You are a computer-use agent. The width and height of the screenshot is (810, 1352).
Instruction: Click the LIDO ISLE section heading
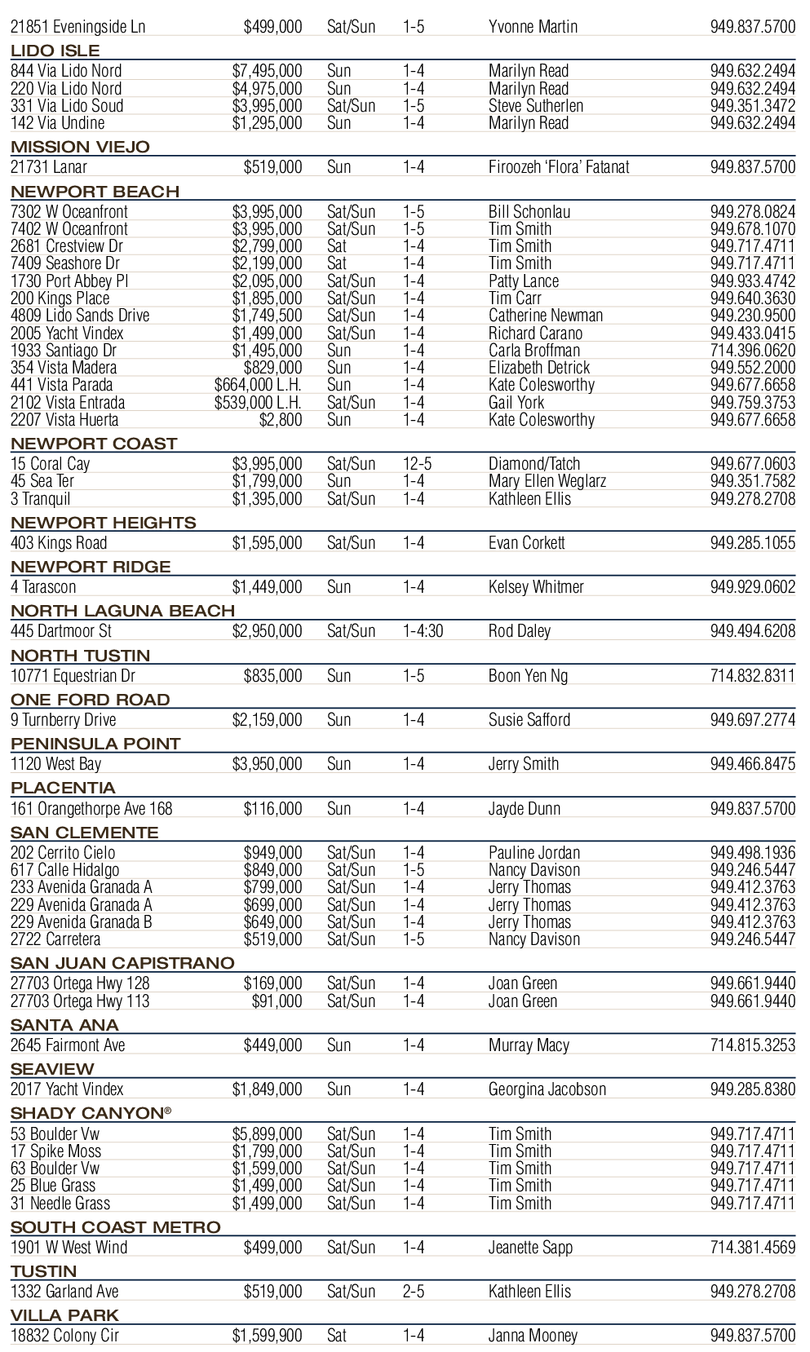pos(55,51)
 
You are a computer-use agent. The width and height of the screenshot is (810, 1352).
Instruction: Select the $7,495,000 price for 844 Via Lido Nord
pos(267,71)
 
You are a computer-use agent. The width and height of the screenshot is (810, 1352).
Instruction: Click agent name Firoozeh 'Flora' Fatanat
pos(559,167)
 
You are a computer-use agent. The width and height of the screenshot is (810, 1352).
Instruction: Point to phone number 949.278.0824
pos(752,212)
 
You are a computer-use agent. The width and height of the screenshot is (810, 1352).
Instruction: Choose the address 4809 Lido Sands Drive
pos(80,316)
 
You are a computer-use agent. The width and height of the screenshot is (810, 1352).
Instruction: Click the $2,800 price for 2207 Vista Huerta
pos(280,420)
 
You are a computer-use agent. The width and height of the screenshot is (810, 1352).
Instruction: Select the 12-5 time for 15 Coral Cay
pos(417,464)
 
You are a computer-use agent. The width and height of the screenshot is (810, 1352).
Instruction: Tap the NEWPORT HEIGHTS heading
pos(104,523)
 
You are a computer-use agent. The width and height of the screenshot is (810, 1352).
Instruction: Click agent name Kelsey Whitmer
pos(536,587)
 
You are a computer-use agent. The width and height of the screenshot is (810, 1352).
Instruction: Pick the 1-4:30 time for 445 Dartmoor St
pos(423,631)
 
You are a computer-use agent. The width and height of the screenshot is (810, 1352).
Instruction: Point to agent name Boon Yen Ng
pos(528,676)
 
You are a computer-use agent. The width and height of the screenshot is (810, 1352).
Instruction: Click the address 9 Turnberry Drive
pos(64,720)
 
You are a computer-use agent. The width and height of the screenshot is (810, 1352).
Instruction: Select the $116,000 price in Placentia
pos(272,809)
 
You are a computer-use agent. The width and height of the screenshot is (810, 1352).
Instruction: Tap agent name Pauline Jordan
pos(534,853)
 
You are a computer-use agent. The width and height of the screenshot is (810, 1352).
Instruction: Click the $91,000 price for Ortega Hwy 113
pos(277,1001)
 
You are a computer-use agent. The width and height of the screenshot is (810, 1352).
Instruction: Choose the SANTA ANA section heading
pos(64,1025)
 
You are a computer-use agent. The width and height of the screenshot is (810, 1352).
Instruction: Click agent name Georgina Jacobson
pos(547,1089)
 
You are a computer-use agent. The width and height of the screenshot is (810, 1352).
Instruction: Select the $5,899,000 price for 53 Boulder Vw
pos(267,1134)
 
